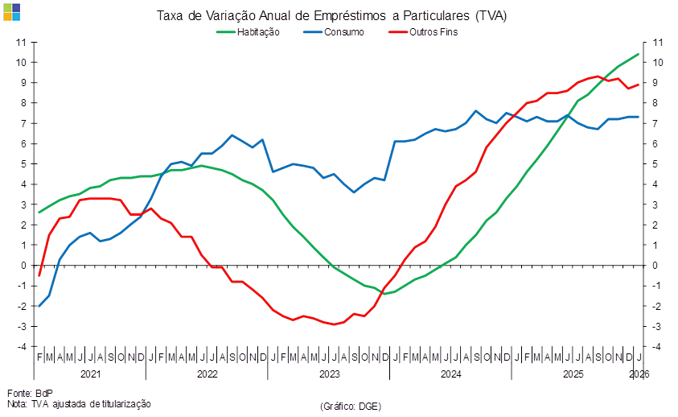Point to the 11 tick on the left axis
point(23,42)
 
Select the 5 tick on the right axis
point(657,163)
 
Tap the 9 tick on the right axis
point(657,82)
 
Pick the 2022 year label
point(207,374)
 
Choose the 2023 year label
point(329,374)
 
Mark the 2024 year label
point(450,374)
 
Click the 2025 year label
point(573,374)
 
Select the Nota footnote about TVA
point(79,403)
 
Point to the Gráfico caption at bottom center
point(350,405)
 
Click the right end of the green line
point(639,54)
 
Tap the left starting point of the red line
point(39,276)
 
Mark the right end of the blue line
point(639,117)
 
